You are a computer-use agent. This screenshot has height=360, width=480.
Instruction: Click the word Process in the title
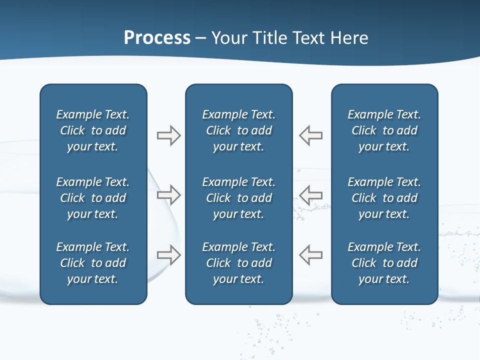tap(157, 38)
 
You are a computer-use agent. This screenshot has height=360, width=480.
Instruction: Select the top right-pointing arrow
tap(168, 135)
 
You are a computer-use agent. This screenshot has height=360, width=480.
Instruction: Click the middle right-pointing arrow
tap(168, 195)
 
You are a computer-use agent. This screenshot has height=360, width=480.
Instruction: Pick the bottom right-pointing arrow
tap(168, 255)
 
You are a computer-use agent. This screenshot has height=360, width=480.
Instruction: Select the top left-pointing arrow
tap(311, 135)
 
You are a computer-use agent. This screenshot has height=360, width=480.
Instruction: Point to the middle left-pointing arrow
tap(311, 195)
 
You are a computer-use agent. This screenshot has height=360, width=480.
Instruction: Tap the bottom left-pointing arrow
tap(311, 255)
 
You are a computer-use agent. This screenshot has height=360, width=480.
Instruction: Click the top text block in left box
tap(93, 130)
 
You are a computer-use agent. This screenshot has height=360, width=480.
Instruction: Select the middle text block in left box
tap(93, 198)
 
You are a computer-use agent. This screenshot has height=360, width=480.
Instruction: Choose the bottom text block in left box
tap(93, 263)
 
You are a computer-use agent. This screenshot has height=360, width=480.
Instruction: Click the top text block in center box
tap(238, 130)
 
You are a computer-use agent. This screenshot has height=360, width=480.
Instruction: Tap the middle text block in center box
tap(238, 198)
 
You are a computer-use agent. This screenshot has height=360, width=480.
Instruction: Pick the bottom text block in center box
tap(238, 263)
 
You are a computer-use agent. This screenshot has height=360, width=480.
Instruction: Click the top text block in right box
tap(384, 130)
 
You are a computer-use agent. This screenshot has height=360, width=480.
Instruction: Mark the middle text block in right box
tap(384, 198)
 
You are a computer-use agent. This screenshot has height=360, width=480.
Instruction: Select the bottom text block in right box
tap(384, 263)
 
